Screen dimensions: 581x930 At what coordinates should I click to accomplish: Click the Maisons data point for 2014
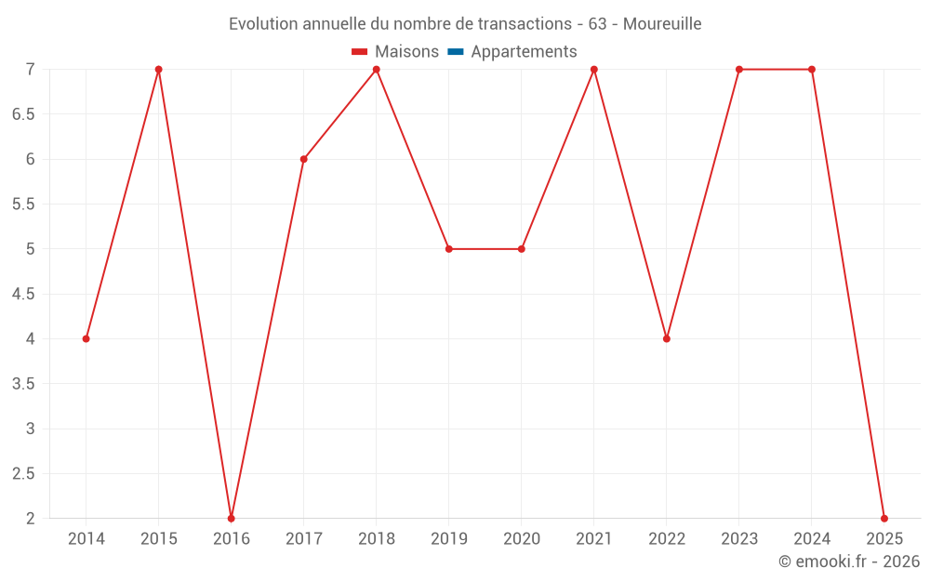click(x=86, y=338)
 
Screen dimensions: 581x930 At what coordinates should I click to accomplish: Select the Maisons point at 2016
click(x=232, y=518)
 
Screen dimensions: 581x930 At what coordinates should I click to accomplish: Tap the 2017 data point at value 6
click(x=304, y=159)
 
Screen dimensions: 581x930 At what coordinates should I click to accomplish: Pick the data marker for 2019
click(x=449, y=249)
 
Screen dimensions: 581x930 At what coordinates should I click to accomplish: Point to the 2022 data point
click(x=667, y=338)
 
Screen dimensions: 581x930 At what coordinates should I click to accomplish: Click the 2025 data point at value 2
click(x=884, y=518)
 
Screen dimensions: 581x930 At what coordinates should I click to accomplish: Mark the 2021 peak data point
click(x=594, y=70)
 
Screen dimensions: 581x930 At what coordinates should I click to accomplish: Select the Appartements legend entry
click(x=524, y=52)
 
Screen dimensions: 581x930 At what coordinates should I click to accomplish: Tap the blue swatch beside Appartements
click(x=456, y=52)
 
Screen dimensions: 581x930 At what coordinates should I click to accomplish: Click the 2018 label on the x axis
click(x=377, y=538)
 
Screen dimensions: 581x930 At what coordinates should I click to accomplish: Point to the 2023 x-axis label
click(x=739, y=538)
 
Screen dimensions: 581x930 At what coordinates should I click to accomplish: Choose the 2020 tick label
click(x=522, y=538)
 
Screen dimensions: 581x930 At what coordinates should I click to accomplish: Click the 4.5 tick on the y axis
click(x=23, y=294)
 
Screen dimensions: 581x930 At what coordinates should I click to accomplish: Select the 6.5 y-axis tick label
click(x=23, y=114)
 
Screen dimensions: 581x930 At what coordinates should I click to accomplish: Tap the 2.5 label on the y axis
click(x=23, y=473)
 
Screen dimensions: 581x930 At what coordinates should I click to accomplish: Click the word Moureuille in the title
click(x=662, y=23)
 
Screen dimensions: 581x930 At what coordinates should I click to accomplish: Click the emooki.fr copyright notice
click(x=849, y=561)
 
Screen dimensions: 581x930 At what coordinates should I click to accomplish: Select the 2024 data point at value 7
click(x=812, y=70)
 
